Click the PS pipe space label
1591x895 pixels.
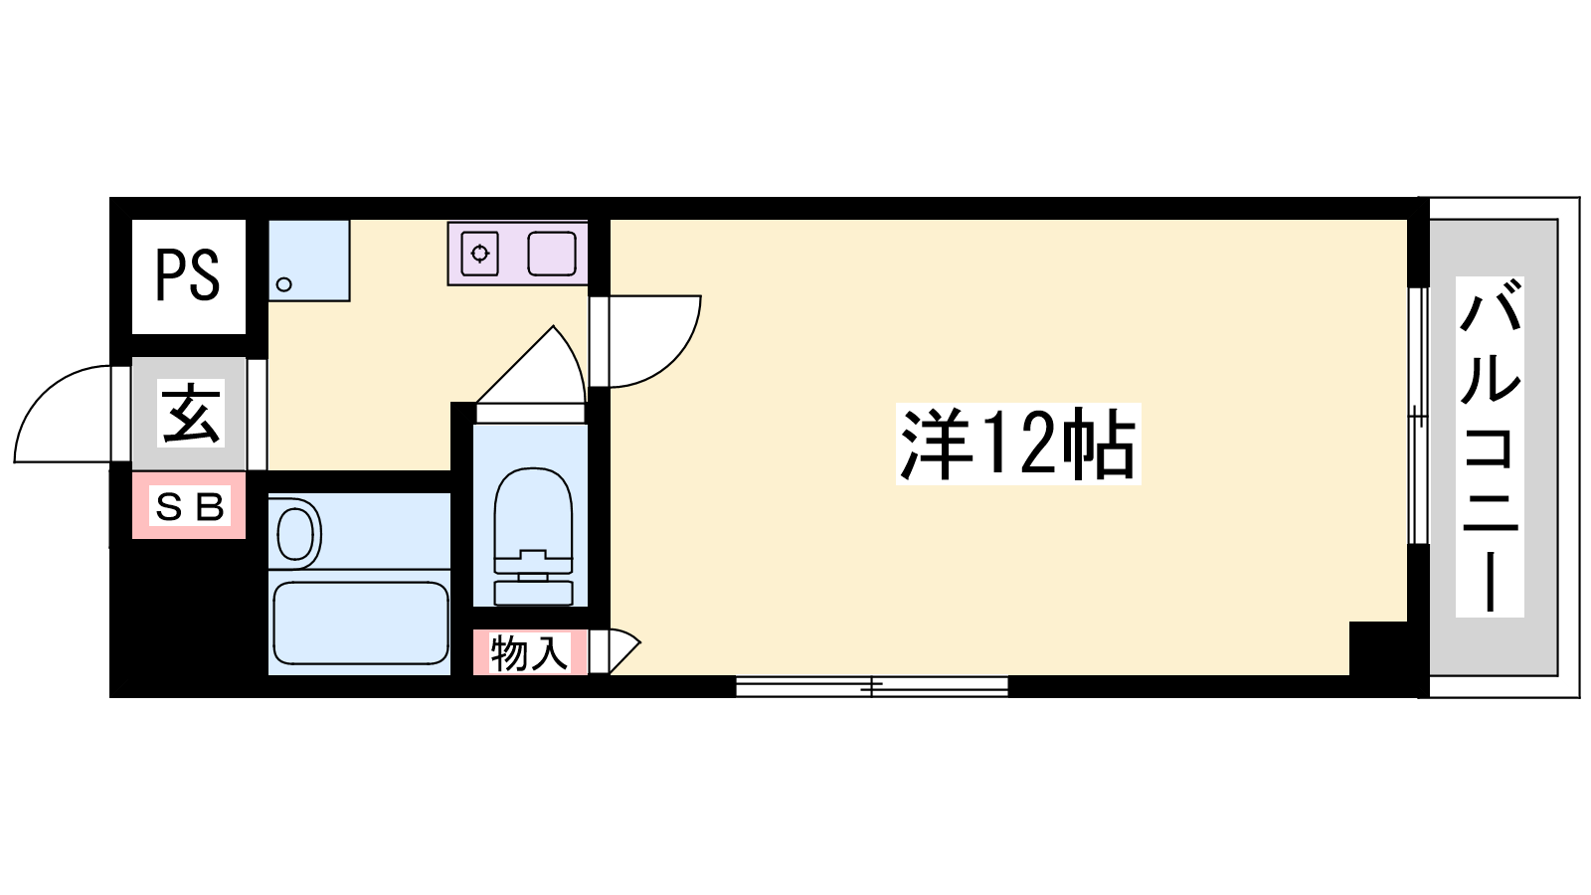(188, 275)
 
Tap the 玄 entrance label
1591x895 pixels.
(190, 414)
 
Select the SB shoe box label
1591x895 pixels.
(190, 506)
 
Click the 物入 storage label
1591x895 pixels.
(530, 652)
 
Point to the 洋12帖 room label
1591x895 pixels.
(1017, 444)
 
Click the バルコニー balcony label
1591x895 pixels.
(1490, 447)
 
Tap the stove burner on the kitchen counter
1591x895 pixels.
(480, 253)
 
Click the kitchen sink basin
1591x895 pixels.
(552, 254)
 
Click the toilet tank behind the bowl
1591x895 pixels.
(533, 593)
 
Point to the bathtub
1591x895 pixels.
(360, 623)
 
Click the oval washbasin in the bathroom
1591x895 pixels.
(294, 533)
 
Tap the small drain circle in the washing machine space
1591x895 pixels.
(284, 284)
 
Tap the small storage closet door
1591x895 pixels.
(625, 650)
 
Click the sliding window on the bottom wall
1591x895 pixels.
(871, 686)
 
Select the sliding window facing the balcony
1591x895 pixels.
(1418, 416)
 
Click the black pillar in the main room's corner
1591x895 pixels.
(1378, 648)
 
